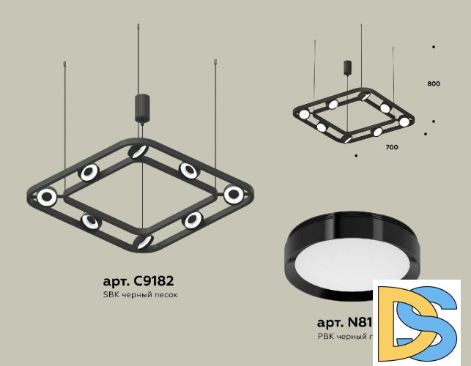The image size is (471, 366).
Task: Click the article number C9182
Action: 139,280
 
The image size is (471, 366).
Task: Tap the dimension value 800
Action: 433,84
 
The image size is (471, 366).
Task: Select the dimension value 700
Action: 391,148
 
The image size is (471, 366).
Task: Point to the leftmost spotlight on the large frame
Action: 48,196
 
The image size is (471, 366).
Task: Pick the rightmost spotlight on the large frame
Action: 234,195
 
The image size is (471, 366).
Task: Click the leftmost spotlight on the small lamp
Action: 303,114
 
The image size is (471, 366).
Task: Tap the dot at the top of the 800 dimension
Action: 434,47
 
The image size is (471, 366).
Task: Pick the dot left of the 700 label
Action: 356,155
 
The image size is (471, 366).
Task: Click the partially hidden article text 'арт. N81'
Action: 344,322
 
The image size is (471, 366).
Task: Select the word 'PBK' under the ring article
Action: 325,337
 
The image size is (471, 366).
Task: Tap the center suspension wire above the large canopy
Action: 140,59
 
